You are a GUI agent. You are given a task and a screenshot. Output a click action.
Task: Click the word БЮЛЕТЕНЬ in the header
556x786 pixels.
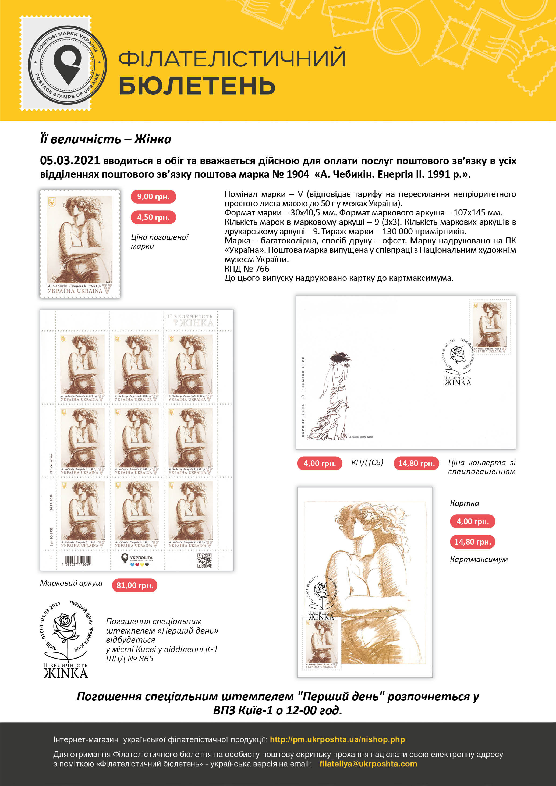197,86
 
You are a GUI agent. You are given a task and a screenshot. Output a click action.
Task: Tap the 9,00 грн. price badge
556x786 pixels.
153,197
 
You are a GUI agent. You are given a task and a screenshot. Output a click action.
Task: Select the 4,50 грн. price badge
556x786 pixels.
153,217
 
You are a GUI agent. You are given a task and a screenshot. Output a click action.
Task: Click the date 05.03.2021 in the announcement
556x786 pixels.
70,160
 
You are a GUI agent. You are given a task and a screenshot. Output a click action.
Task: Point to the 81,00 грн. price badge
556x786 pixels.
134,585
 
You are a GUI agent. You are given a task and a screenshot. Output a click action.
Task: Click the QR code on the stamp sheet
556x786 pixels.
204,560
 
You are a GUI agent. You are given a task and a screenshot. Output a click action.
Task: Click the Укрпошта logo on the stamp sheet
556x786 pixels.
137,560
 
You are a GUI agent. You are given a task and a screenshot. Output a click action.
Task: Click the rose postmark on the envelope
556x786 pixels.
458,358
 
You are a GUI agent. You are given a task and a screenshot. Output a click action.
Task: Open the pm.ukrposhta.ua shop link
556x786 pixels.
337,739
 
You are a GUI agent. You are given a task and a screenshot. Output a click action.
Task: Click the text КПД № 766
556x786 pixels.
247,269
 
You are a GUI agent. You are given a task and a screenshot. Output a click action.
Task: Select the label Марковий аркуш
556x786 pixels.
71,583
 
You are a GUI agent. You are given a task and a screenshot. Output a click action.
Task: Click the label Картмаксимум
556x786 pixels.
479,559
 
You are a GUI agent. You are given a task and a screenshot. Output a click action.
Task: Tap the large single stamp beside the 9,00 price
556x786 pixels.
80,244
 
